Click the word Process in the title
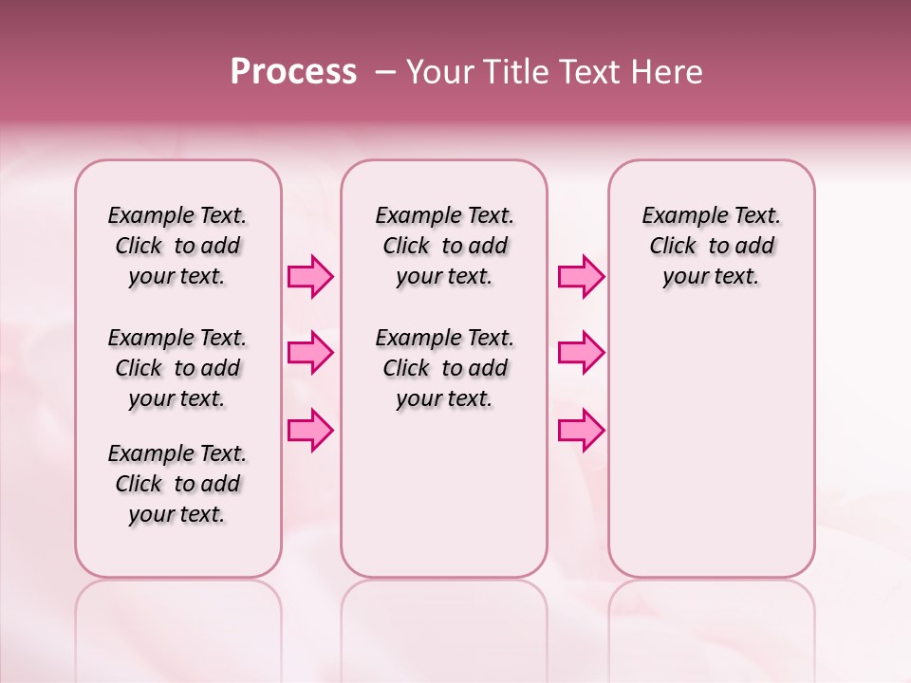point(293,72)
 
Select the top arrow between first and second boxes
point(310,277)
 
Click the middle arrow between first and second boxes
point(310,353)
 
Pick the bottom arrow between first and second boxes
point(310,430)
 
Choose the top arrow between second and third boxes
point(581,277)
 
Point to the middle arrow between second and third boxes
point(581,353)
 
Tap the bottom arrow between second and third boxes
point(581,430)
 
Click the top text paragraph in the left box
point(177,246)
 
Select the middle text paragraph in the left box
point(177,368)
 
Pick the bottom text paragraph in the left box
point(177,484)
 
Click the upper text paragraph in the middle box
point(445,246)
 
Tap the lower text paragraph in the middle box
point(445,368)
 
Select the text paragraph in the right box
point(712,246)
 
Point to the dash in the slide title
point(385,72)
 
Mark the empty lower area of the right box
point(712,436)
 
